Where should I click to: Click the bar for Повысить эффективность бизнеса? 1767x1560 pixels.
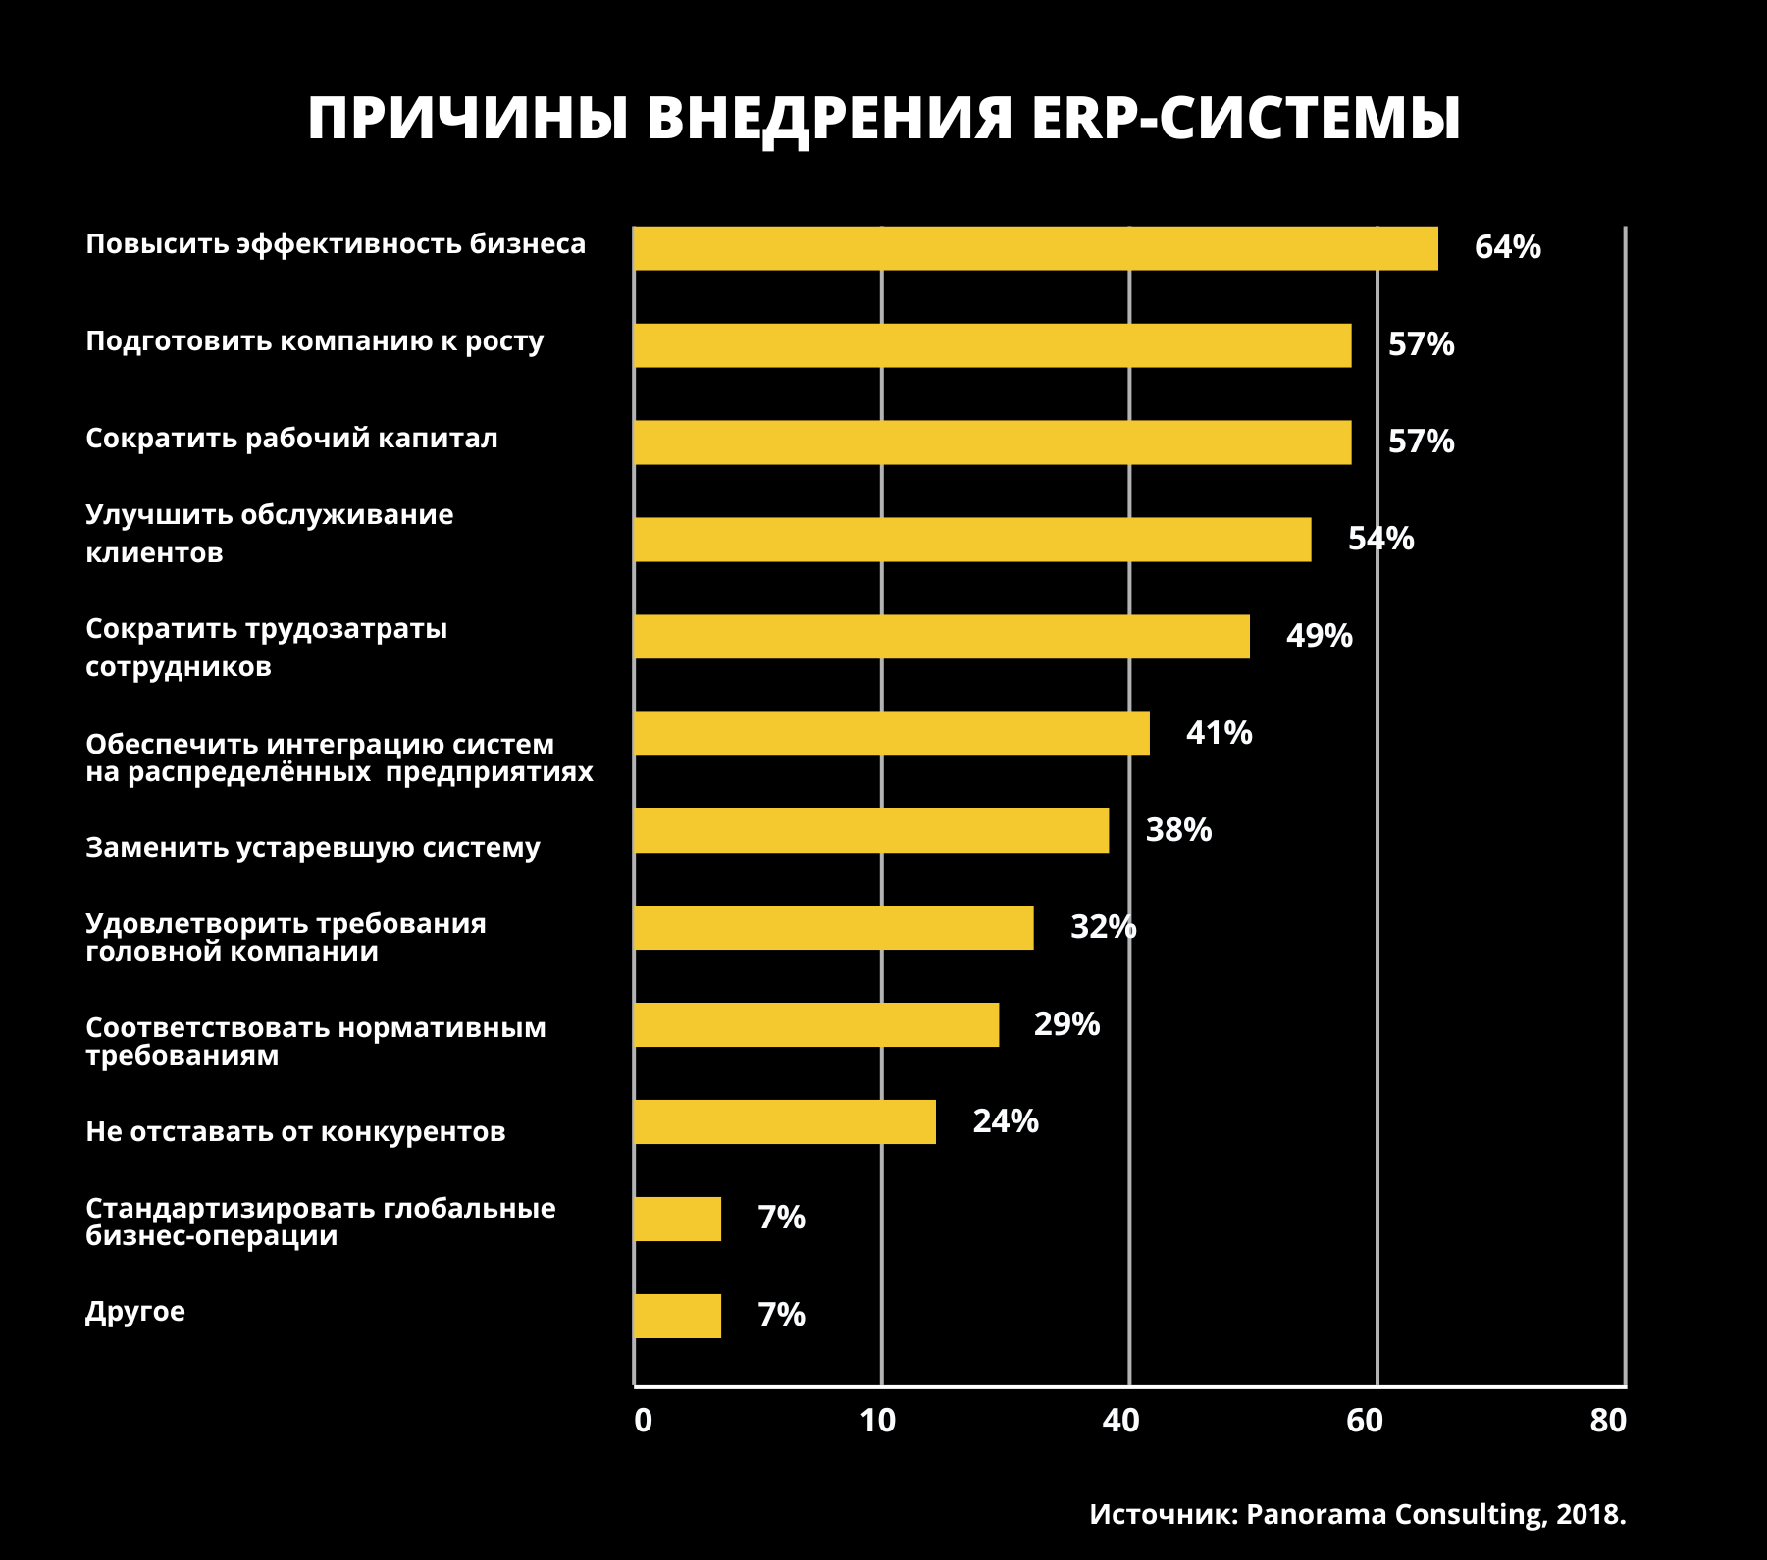click(1035, 248)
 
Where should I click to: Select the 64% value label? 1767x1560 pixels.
click(1507, 247)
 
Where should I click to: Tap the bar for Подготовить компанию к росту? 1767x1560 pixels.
click(992, 345)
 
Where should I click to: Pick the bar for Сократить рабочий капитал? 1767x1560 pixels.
click(992, 442)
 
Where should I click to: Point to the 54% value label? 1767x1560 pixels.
click(1380, 539)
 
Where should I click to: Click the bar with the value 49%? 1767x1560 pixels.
click(941, 637)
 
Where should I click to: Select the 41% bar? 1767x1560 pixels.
click(891, 734)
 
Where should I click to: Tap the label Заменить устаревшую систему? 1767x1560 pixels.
click(313, 847)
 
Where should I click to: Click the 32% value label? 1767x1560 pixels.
click(1103, 927)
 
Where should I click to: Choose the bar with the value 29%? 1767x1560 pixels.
click(816, 1025)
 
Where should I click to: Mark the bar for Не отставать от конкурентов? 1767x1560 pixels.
click(784, 1121)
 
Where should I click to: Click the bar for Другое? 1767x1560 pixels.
click(677, 1316)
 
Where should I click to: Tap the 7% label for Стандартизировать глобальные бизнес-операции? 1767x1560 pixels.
click(781, 1218)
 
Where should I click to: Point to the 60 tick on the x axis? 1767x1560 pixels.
click(1364, 1421)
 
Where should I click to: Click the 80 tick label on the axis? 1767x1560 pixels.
click(1608, 1421)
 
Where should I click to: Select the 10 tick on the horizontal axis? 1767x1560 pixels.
click(877, 1421)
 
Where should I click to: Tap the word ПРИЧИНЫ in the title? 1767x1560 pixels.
click(467, 119)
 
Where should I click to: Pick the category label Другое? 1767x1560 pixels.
click(135, 1312)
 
